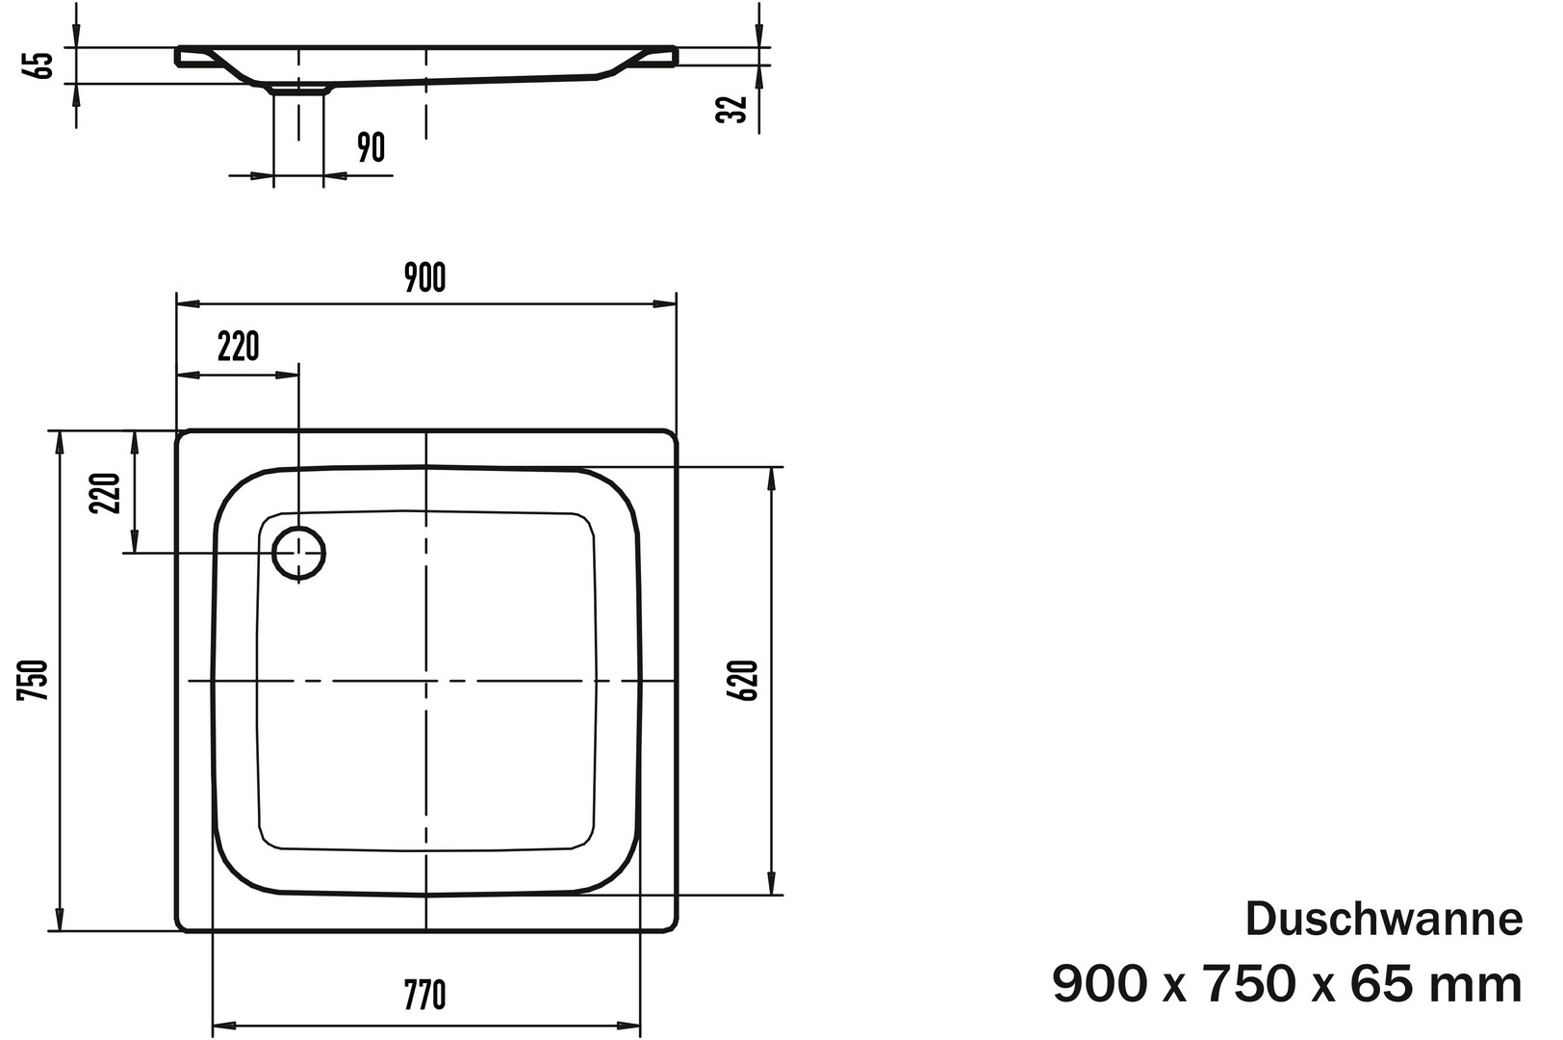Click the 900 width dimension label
tap(424, 277)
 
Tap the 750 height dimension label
tap(33, 681)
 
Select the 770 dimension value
tap(424, 996)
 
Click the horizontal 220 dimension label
tap(238, 347)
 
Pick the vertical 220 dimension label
tap(105, 493)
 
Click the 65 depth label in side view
tap(41, 65)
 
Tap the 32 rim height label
tap(732, 110)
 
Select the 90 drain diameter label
tap(371, 147)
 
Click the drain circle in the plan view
tap(298, 527)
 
